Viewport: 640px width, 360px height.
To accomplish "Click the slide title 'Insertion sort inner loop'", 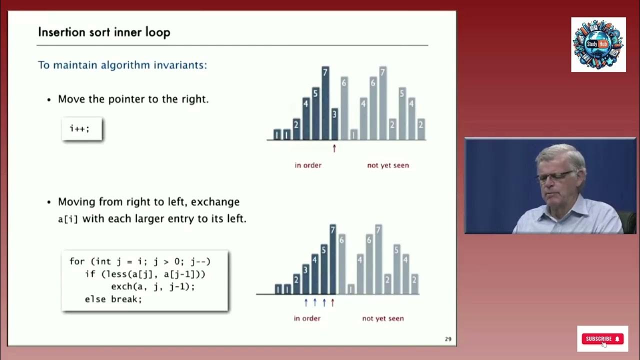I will pyautogui.click(x=104, y=32).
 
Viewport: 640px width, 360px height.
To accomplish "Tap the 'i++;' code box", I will pyautogui.click(x=81, y=129).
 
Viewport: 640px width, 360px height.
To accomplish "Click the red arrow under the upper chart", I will pyautogui.click(x=334, y=148).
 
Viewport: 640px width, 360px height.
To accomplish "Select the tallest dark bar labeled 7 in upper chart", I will pyautogui.click(x=325, y=102).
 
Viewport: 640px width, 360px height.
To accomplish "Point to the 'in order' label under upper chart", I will pyautogui.click(x=308, y=165).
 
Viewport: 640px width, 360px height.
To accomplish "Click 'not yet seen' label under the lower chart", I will pyautogui.click(x=383, y=318).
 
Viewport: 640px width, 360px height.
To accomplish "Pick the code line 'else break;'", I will pyautogui.click(x=113, y=299).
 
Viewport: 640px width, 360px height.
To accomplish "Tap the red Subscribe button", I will pyautogui.click(x=602, y=339).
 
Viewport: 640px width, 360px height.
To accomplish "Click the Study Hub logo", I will pyautogui.click(x=598, y=44).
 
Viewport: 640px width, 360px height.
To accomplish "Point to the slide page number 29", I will pyautogui.click(x=448, y=339).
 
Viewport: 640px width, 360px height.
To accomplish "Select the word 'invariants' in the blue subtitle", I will pyautogui.click(x=180, y=65).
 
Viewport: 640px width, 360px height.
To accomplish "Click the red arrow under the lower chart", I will pyautogui.click(x=332, y=302).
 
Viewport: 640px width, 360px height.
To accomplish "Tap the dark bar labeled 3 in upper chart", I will pyautogui.click(x=334, y=123).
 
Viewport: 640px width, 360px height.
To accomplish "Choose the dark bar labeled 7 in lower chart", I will pyautogui.click(x=332, y=259).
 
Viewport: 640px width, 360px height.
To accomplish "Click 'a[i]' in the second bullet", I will pyautogui.click(x=68, y=219).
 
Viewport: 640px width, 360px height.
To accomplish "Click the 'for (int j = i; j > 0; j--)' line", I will pyautogui.click(x=140, y=261).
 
